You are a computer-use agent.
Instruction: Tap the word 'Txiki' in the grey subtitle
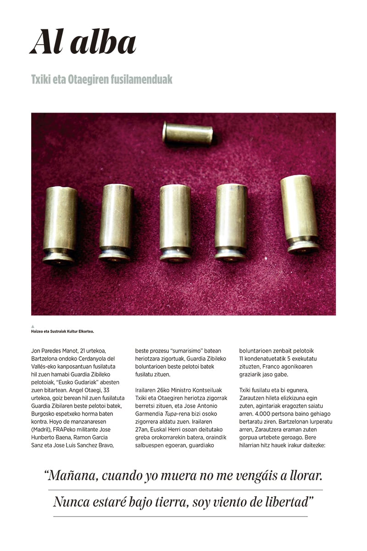pos(43,79)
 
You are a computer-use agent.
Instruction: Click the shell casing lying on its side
pos(188,134)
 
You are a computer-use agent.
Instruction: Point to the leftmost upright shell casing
pos(60,225)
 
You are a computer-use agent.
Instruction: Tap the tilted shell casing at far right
pos(300,214)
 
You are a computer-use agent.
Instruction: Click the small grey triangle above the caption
pos(33,326)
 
